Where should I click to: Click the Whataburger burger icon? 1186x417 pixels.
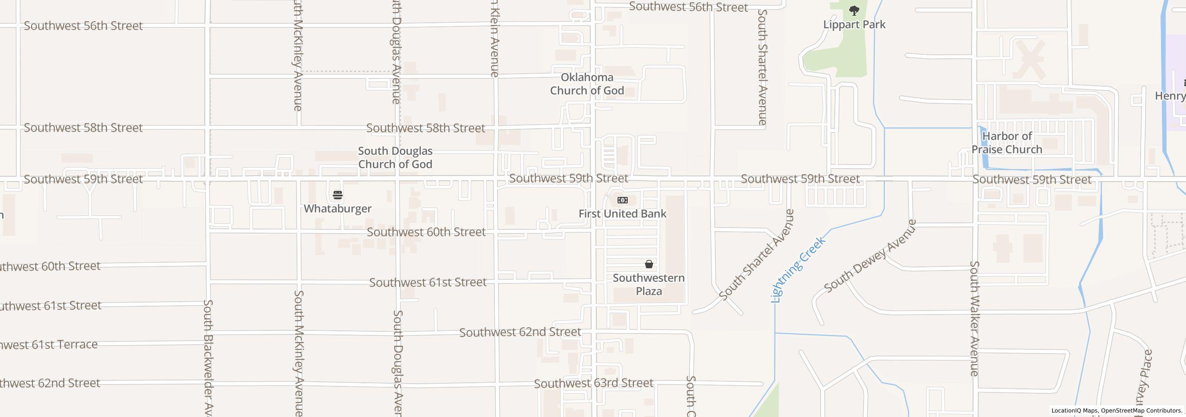click(338, 195)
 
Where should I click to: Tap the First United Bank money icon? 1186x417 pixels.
click(623, 200)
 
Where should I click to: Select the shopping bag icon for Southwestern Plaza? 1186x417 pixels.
click(649, 264)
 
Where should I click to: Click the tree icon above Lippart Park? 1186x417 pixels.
click(854, 11)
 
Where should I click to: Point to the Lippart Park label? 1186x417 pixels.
click(854, 25)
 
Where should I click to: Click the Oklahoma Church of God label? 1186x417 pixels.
click(587, 84)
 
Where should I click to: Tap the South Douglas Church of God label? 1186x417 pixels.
click(395, 158)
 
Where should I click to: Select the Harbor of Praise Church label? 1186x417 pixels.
click(1007, 143)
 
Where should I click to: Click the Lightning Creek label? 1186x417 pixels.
click(798, 270)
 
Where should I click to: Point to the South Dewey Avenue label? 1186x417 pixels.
click(870, 256)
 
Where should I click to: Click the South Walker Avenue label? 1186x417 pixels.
click(975, 319)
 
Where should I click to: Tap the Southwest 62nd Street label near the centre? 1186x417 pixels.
click(520, 332)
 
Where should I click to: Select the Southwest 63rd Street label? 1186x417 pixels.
click(593, 383)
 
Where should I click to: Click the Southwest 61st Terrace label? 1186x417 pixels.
click(49, 345)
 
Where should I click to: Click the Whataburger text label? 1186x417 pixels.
click(338, 208)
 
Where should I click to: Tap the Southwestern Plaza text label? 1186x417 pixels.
click(649, 284)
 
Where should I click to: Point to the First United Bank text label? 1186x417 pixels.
click(622, 214)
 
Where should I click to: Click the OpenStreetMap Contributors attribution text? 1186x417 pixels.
click(1142, 411)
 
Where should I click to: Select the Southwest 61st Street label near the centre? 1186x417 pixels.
click(428, 282)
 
